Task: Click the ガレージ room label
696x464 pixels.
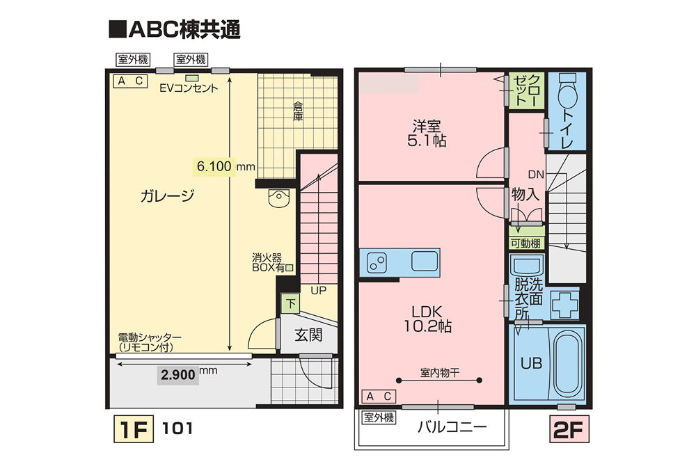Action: coord(167,196)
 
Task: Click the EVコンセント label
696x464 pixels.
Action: coord(189,88)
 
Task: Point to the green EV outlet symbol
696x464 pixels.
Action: coord(192,77)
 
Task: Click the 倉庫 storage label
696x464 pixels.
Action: coord(298,111)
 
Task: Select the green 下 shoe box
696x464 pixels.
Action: coord(290,303)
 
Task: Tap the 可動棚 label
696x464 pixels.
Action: coord(525,243)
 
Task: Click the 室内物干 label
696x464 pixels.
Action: coord(440,372)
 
